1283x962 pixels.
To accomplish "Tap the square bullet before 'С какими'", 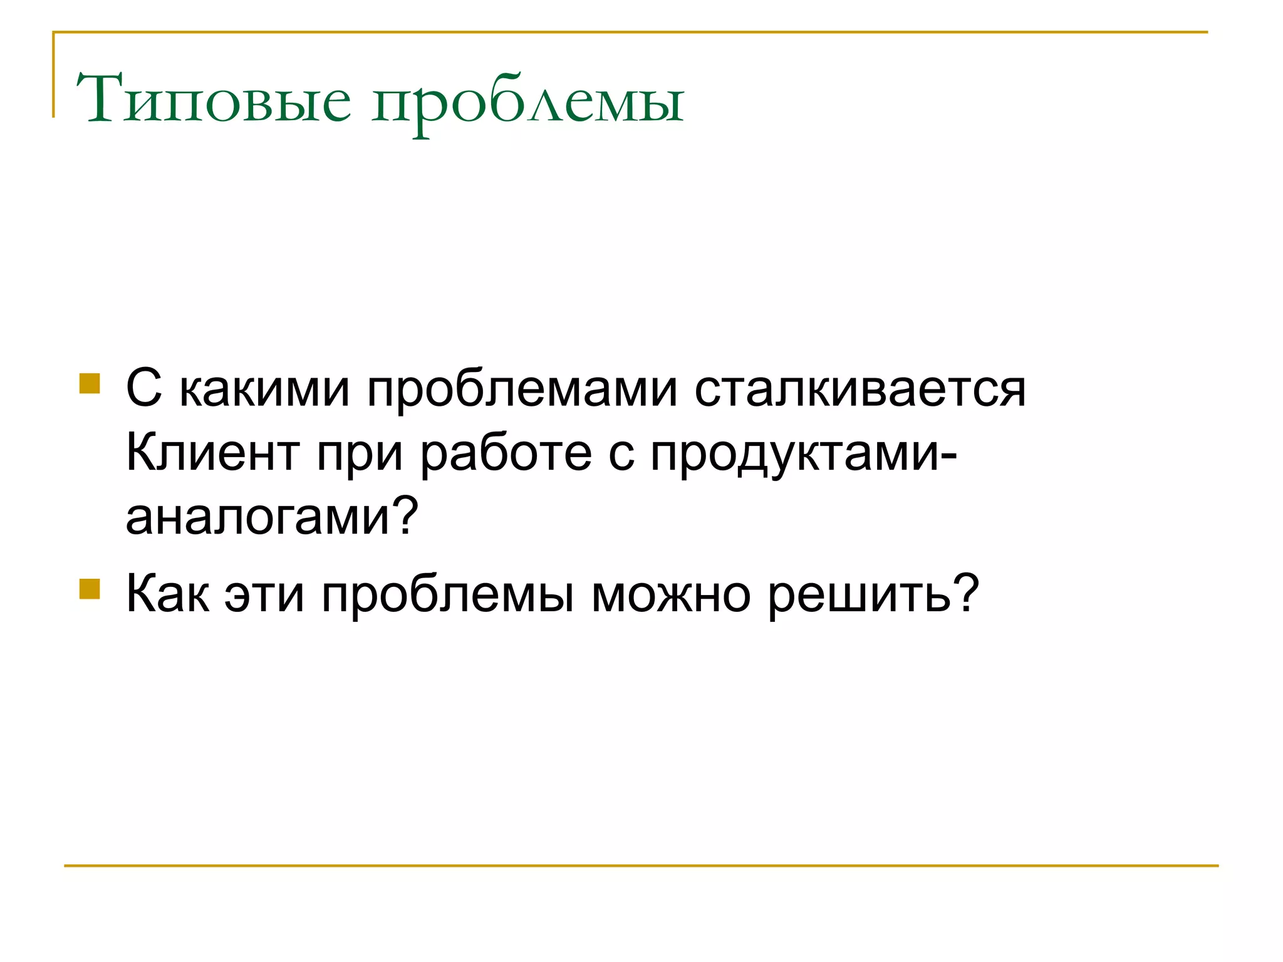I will pos(90,383).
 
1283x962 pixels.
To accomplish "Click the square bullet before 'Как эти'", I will pos(90,589).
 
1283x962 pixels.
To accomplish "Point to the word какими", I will pos(264,390).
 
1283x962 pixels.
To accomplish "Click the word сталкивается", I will pos(860,390).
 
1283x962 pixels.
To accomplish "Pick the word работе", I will pos(506,454).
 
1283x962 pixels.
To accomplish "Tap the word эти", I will pos(264,595).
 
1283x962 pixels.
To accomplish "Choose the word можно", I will pos(671,595).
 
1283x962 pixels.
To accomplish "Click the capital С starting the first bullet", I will pos(143,388).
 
